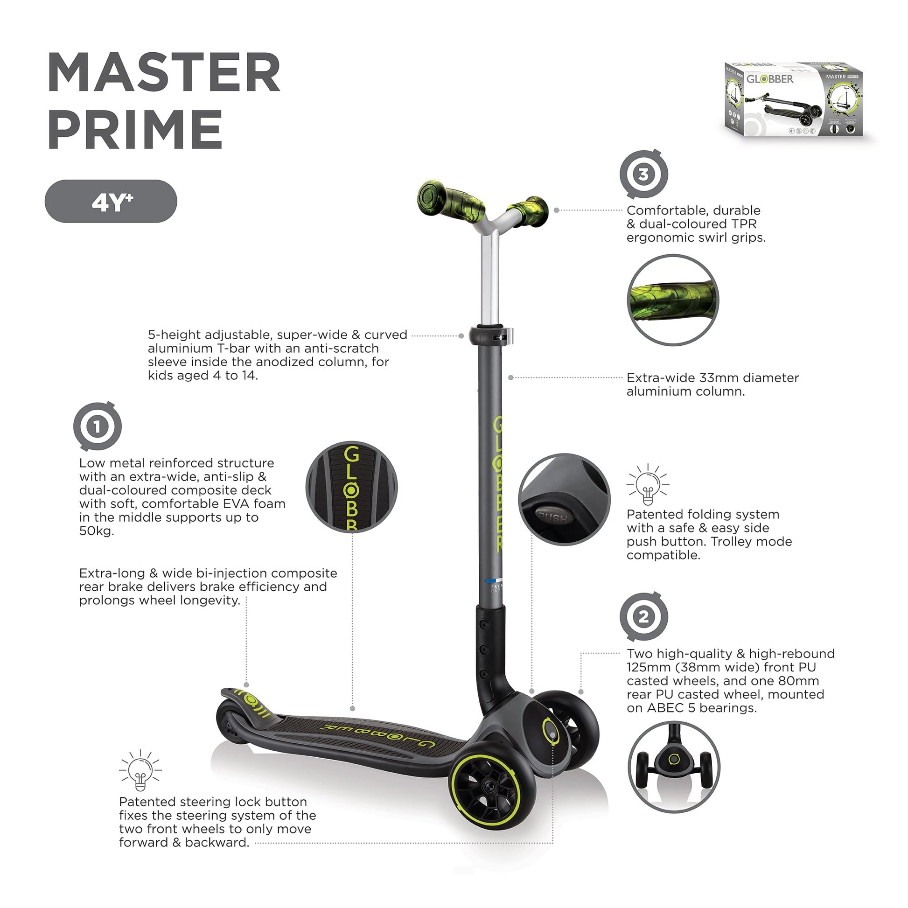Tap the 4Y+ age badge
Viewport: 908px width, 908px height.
[111, 201]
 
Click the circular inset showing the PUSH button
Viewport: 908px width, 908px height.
[564, 499]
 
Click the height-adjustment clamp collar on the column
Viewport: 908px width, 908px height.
[491, 335]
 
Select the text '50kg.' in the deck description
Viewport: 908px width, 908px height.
[96, 531]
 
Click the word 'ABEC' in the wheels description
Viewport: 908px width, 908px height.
[665, 708]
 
